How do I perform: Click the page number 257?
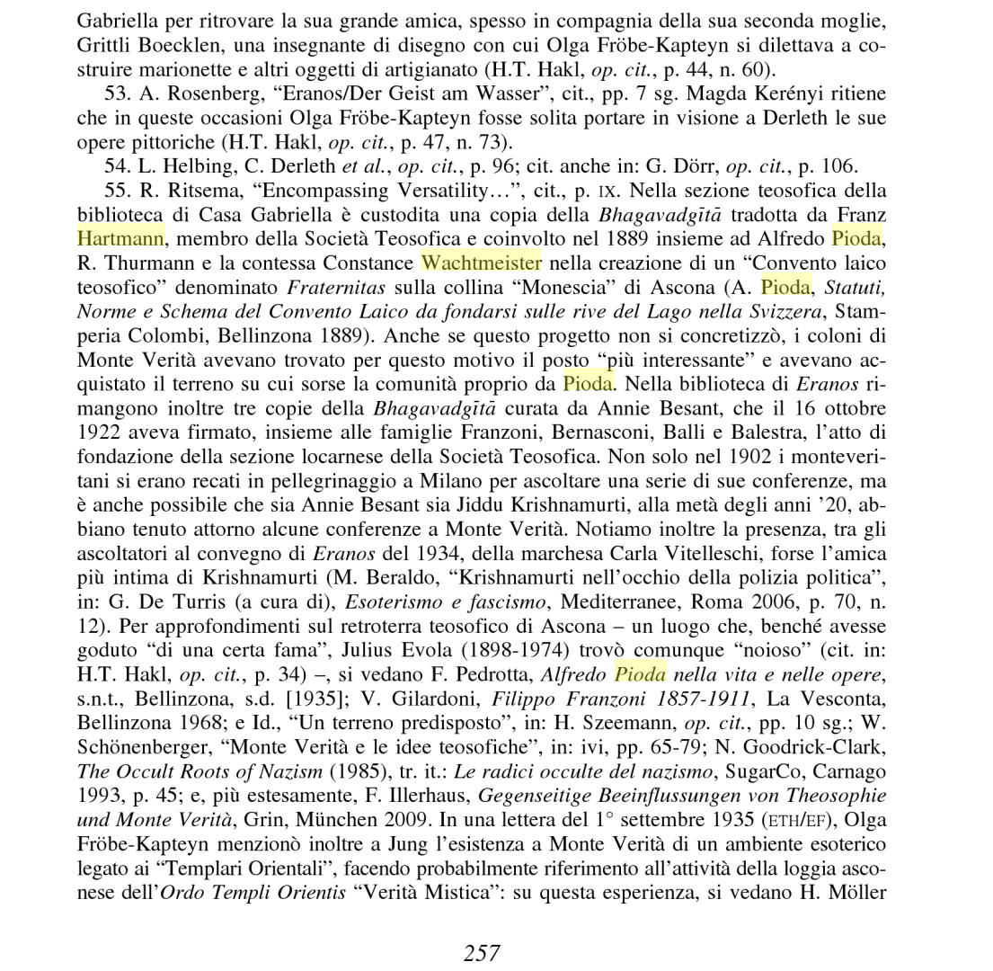(x=482, y=953)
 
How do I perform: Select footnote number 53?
(x=117, y=94)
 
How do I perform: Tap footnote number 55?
(x=117, y=192)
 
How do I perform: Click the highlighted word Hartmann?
(x=120, y=239)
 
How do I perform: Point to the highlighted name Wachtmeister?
(x=481, y=263)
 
